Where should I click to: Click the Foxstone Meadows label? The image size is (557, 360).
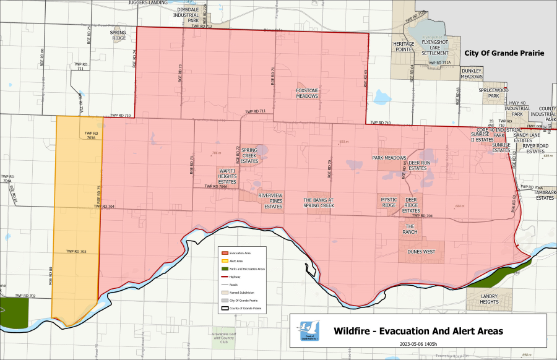307,93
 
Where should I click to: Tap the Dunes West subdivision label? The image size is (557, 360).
421,252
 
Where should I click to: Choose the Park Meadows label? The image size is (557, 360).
389,158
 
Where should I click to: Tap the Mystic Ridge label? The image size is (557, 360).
389,202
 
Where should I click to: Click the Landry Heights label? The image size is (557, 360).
490,299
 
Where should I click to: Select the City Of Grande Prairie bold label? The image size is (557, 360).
504,54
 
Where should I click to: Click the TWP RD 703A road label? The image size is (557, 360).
91,135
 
